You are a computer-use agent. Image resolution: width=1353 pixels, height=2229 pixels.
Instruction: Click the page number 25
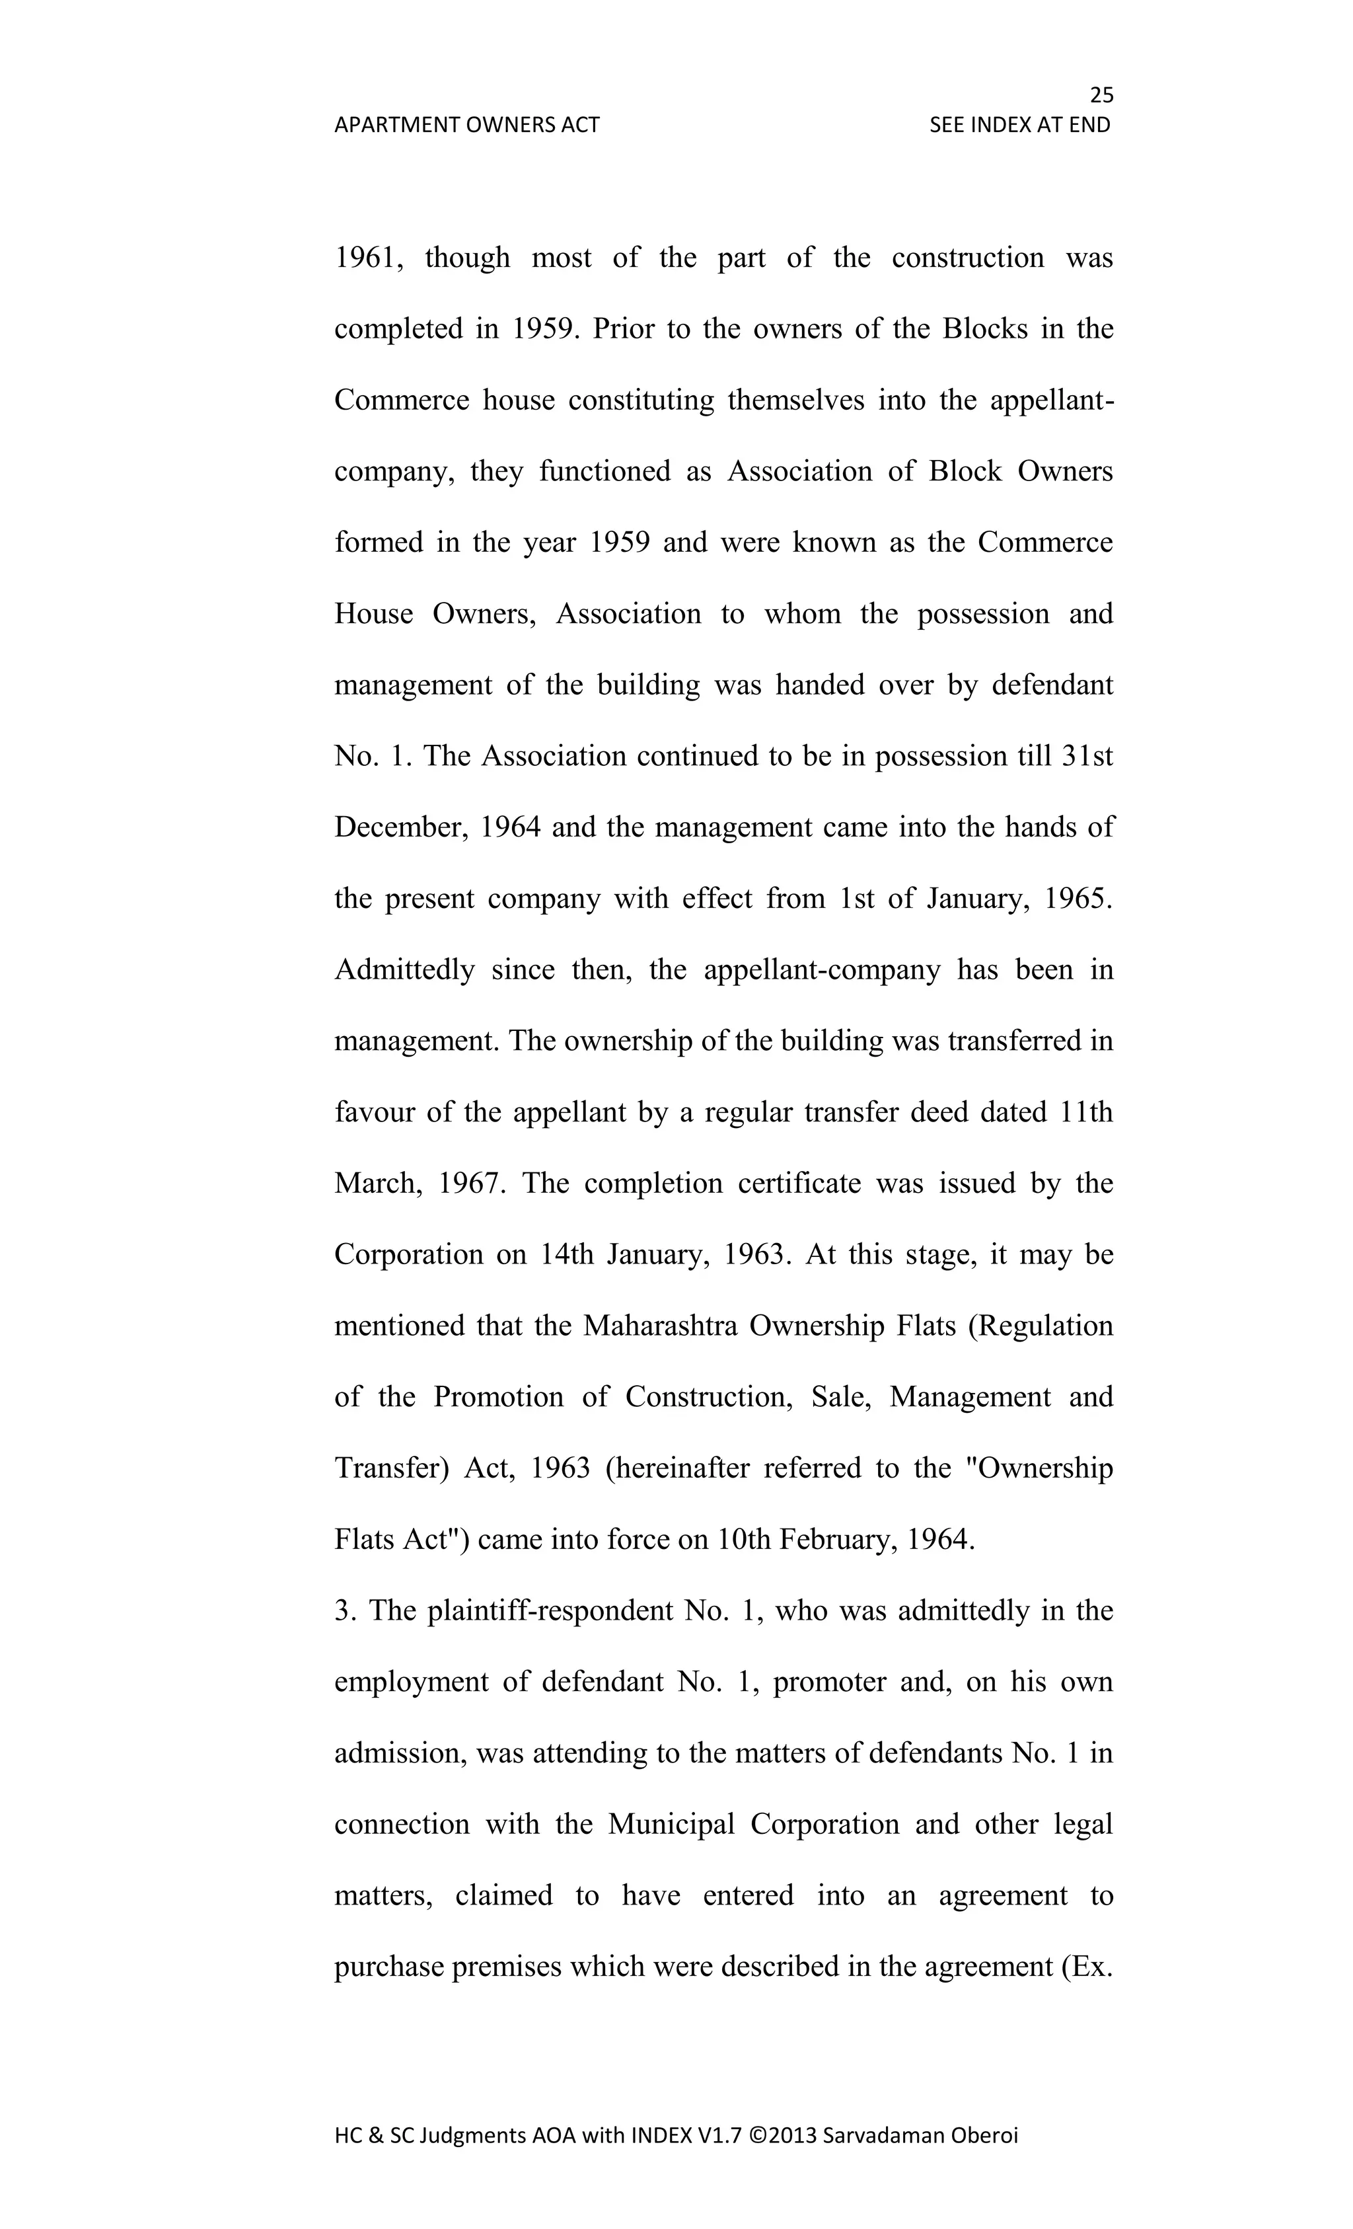[x=1101, y=95]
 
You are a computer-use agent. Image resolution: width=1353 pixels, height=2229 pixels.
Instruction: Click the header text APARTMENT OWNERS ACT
[x=466, y=125]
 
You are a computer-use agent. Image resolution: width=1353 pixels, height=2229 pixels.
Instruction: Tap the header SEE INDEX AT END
[x=1019, y=125]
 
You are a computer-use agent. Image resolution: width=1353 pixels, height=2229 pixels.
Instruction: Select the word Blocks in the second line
[x=985, y=328]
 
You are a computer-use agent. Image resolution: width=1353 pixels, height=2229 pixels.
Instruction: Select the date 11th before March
[x=1085, y=1113]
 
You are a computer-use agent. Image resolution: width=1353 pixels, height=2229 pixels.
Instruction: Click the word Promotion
[x=497, y=1397]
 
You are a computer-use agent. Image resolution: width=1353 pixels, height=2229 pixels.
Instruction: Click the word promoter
[x=830, y=1682]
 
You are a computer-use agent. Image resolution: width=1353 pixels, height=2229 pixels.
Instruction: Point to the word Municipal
[x=671, y=1825]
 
